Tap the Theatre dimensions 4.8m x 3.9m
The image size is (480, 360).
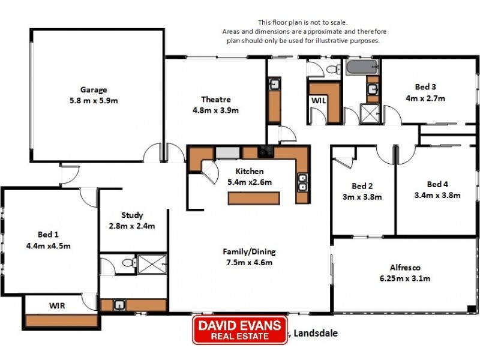click(x=215, y=110)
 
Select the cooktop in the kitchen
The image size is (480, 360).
click(x=265, y=151)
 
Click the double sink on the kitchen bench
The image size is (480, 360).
click(x=302, y=182)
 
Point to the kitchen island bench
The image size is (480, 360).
click(x=253, y=197)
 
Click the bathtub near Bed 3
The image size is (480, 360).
click(x=361, y=67)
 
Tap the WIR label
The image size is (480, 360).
click(x=57, y=305)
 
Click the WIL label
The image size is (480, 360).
click(x=318, y=101)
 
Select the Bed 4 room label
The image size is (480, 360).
click(x=437, y=184)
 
